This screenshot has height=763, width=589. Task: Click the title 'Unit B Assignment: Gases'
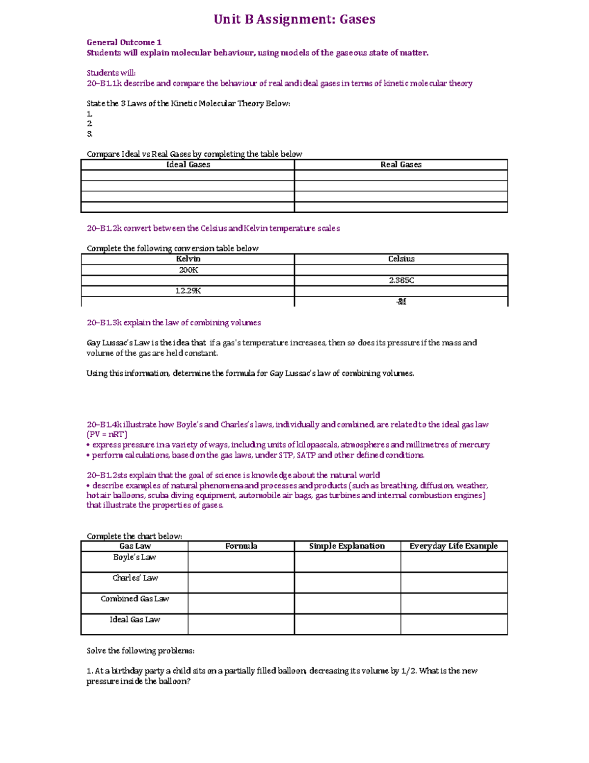[294, 20]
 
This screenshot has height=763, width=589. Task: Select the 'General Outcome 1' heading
[124, 42]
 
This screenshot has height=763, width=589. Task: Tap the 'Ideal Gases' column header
[188, 165]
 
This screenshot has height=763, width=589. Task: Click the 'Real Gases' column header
[401, 165]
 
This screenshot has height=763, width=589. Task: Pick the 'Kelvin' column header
[188, 259]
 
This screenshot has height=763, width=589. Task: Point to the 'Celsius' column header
[401, 259]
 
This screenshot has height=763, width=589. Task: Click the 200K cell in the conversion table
[188, 270]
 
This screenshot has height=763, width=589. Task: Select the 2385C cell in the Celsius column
[401, 281]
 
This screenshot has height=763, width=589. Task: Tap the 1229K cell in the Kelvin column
[188, 291]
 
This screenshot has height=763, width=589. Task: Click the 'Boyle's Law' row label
[134, 557]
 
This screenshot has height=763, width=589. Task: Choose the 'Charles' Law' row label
[135, 578]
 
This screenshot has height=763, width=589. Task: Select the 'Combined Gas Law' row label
[135, 598]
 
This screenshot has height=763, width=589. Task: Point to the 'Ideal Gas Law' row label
[135, 620]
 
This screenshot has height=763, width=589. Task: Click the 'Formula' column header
[241, 546]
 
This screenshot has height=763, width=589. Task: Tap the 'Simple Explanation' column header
[347, 546]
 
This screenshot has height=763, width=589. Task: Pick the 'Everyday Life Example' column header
[454, 546]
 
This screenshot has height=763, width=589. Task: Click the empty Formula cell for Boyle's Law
[241, 562]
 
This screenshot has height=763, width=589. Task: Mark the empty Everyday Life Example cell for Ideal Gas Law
[454, 624]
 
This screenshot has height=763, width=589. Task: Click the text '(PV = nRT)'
[107, 435]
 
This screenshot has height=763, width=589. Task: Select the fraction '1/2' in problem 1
[408, 671]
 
